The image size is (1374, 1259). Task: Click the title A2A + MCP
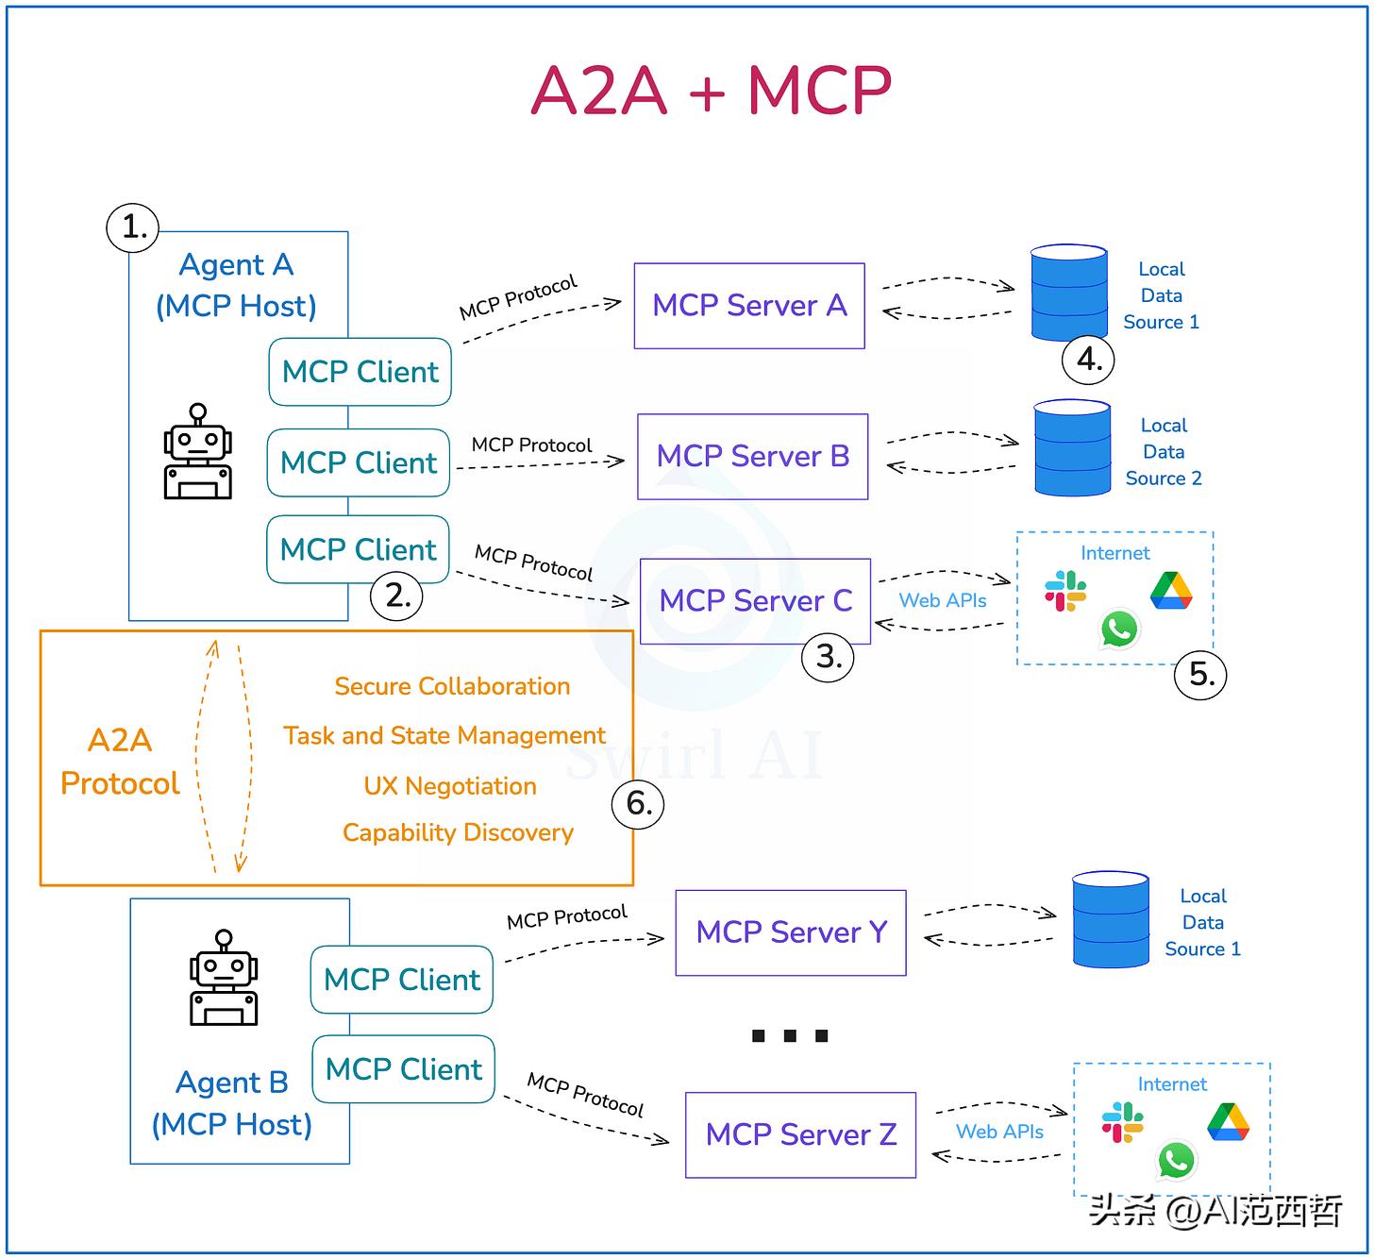tap(711, 91)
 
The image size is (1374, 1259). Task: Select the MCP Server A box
tap(749, 306)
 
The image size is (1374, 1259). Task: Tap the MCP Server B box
tap(752, 457)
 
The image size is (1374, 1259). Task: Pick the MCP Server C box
tap(755, 601)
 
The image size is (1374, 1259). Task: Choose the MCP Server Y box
tap(791, 932)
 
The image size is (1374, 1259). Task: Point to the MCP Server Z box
tap(800, 1134)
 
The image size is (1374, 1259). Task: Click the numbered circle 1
tap(133, 227)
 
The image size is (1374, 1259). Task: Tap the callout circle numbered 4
tap(1089, 360)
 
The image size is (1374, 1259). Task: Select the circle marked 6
tap(639, 804)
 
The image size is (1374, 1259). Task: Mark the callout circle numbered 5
tap(1200, 674)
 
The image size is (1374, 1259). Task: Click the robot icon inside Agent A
tap(197, 452)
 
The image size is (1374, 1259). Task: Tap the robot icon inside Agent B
tap(224, 978)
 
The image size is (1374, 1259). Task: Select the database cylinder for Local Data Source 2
tap(1072, 448)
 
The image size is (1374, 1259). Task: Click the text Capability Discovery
tap(458, 832)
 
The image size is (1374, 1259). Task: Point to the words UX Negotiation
tap(450, 786)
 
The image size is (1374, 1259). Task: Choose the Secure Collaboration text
tap(452, 686)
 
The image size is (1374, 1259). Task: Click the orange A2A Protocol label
tap(120, 762)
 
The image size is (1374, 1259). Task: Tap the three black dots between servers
tap(790, 1036)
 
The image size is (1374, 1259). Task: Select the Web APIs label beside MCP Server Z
tap(999, 1132)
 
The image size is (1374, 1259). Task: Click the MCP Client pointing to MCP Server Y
tap(402, 980)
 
